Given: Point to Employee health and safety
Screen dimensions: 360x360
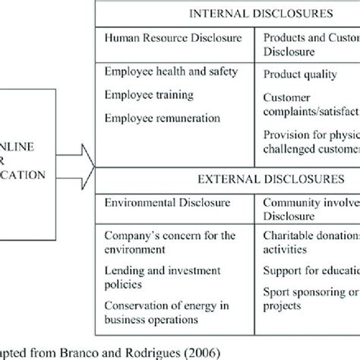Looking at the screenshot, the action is click(x=169, y=71).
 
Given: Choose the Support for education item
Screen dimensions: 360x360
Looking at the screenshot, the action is click(x=310, y=270).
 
